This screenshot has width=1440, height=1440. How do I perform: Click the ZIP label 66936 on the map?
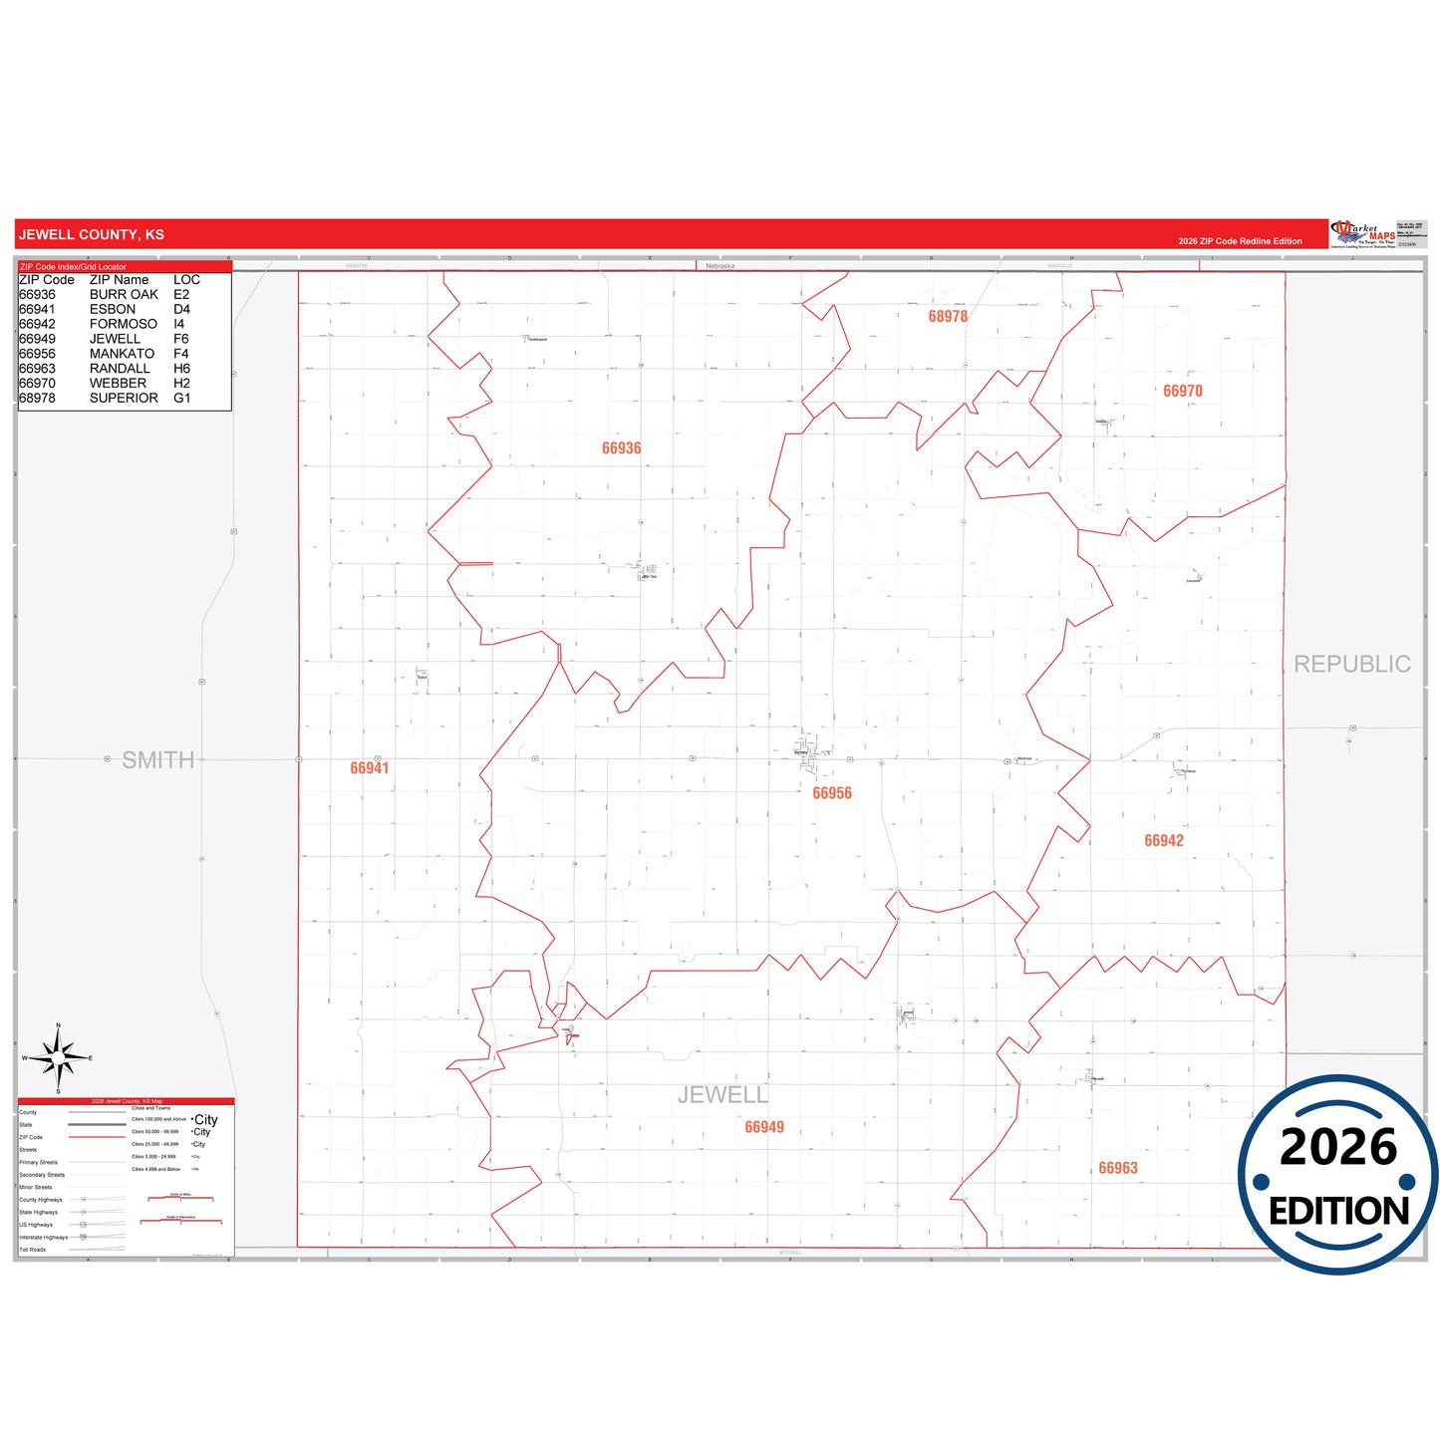pyautogui.click(x=621, y=448)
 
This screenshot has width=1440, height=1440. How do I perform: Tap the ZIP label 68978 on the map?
pyautogui.click(x=948, y=316)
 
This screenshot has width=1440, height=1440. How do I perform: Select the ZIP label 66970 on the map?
pyautogui.click(x=1182, y=391)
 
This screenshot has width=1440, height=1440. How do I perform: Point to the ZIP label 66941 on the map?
pyautogui.click(x=370, y=768)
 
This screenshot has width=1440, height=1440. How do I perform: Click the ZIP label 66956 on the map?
pyautogui.click(x=832, y=793)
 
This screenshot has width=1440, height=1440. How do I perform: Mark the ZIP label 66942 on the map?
pyautogui.click(x=1164, y=840)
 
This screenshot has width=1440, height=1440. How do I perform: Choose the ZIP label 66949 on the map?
pyautogui.click(x=764, y=1127)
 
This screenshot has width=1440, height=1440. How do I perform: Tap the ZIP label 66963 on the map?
pyautogui.click(x=1118, y=1168)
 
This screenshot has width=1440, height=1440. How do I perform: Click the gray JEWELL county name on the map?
pyautogui.click(x=722, y=1094)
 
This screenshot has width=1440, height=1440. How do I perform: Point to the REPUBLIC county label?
pyautogui.click(x=1351, y=664)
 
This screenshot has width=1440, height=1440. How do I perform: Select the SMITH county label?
pyautogui.click(x=157, y=760)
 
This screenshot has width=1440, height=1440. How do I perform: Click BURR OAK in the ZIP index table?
pyautogui.click(x=124, y=295)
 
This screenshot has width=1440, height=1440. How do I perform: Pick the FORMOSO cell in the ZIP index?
pyautogui.click(x=124, y=324)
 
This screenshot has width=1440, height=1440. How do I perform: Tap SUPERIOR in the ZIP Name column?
pyautogui.click(x=124, y=398)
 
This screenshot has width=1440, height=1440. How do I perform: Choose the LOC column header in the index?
pyautogui.click(x=186, y=280)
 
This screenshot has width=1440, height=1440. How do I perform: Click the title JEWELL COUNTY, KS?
pyautogui.click(x=92, y=235)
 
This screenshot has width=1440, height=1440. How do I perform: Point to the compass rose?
pyautogui.click(x=59, y=1058)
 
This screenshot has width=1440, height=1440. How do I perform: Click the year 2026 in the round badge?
pyautogui.click(x=1337, y=1147)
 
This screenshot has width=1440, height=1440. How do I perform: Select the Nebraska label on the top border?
pyautogui.click(x=720, y=266)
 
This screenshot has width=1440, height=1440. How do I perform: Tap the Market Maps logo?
pyautogui.click(x=1362, y=234)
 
